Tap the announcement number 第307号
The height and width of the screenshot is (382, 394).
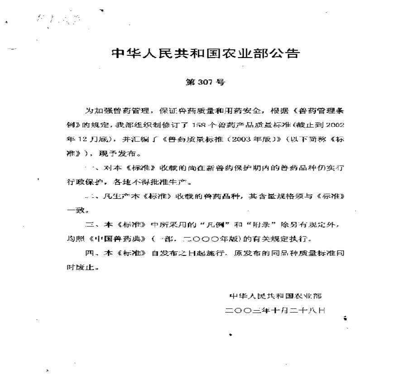[205, 83]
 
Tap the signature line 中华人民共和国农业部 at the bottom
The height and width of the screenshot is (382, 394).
[275, 296]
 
